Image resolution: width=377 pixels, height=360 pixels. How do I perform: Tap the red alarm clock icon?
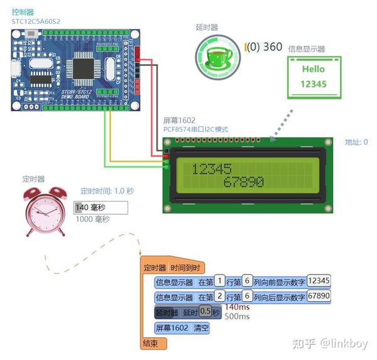click(x=45, y=212)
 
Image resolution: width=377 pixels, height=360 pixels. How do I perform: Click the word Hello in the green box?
click(x=313, y=69)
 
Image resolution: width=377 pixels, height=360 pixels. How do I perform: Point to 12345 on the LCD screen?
click(x=212, y=168)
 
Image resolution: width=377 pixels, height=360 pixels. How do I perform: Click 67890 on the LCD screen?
click(x=243, y=182)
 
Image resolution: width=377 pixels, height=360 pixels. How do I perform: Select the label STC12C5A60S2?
click(x=37, y=21)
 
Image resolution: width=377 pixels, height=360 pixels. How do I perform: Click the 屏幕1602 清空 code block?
click(x=182, y=327)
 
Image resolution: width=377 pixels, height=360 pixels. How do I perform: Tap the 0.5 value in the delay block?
click(x=205, y=312)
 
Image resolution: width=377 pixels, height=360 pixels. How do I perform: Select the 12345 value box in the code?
click(x=319, y=281)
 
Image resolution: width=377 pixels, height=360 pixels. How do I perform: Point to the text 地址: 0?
click(x=356, y=142)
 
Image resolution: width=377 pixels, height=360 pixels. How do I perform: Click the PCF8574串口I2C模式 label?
click(x=195, y=129)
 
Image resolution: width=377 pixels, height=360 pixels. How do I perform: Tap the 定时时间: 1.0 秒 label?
click(x=107, y=191)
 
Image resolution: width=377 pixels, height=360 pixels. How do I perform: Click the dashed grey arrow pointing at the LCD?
click(x=281, y=124)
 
